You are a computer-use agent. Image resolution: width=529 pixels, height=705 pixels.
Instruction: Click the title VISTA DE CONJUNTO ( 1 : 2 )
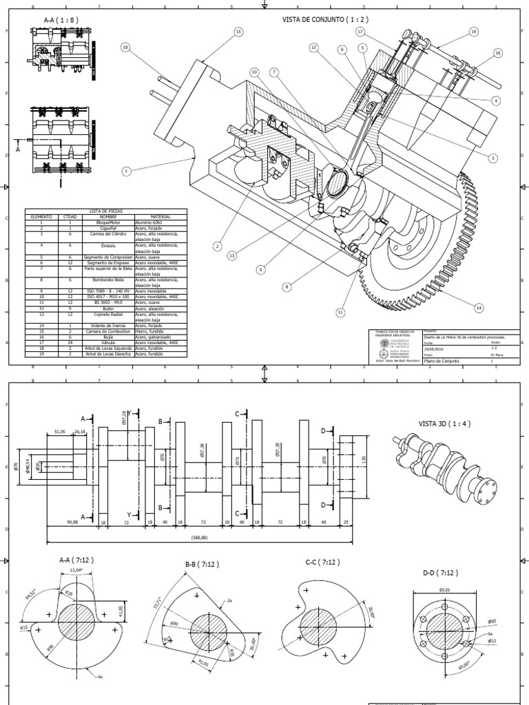coord(325,19)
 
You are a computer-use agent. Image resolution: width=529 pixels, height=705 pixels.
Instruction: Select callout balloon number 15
coord(239,32)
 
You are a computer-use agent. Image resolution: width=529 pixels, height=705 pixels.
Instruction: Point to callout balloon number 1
coord(127,171)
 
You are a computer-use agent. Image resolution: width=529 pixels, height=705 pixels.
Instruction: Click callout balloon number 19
coord(474,32)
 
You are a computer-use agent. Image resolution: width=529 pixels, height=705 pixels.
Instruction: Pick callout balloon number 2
coord(217,246)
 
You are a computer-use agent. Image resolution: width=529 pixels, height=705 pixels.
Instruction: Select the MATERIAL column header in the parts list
coord(158,216)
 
